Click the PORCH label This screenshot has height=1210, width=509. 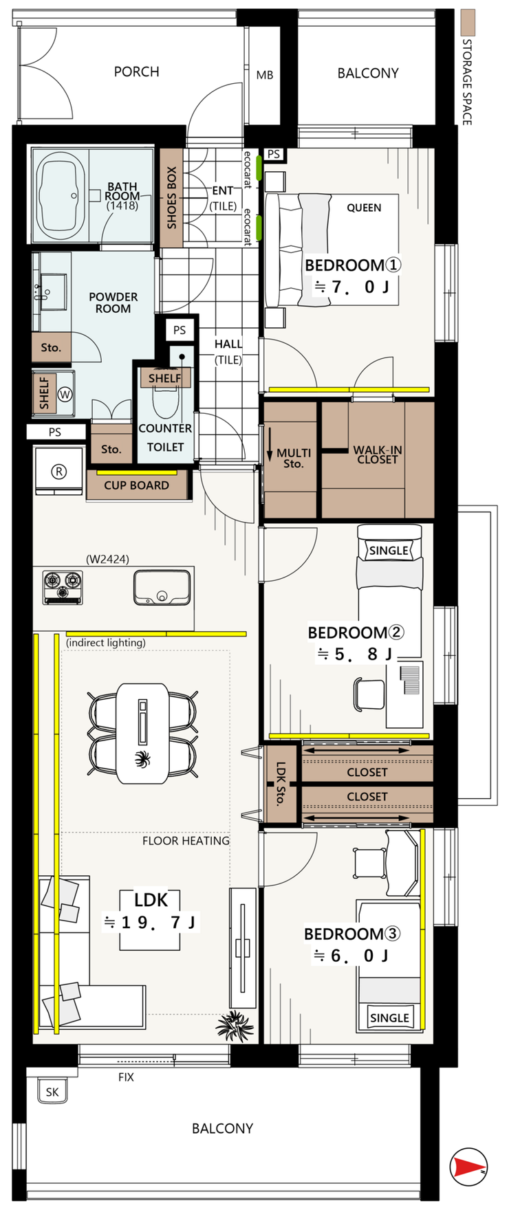136,71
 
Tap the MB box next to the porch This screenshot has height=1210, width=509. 264,75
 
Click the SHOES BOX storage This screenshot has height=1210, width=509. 171,198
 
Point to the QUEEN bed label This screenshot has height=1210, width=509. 364,208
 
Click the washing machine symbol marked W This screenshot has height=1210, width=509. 65,395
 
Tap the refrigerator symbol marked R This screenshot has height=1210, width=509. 59,471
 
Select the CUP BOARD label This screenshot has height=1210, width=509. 136,485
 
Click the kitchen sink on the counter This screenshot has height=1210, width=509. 162,588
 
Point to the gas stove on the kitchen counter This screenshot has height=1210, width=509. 63,587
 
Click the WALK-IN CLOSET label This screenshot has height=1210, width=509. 378,454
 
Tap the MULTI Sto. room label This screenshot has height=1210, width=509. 294,458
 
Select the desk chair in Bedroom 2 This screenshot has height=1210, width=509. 370,693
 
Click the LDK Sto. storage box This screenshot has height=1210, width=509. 281,784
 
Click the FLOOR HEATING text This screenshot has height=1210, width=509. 186,841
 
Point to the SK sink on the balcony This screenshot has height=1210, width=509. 52,1092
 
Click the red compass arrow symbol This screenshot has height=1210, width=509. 468,1167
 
